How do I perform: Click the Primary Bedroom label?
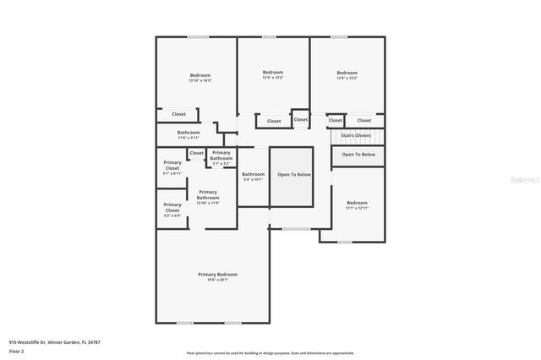pyautogui.click(x=217, y=275)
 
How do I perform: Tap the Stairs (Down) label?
pyautogui.click(x=355, y=135)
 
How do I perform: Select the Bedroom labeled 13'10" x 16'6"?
pyautogui.click(x=199, y=76)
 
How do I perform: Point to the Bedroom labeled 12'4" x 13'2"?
pyautogui.click(x=272, y=72)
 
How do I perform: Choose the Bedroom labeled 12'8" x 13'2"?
pyautogui.click(x=347, y=73)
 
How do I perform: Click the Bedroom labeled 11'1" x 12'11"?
pyautogui.click(x=357, y=203)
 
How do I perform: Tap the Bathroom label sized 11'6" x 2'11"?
pyautogui.click(x=189, y=133)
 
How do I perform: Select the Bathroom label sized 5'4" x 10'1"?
pyautogui.click(x=253, y=174)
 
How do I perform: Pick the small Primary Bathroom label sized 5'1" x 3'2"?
pyautogui.click(x=221, y=155)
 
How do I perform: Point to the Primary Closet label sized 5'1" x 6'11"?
pyautogui.click(x=172, y=165)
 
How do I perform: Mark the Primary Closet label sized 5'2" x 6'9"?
pyautogui.click(x=172, y=207)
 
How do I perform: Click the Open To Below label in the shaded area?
pyautogui.click(x=294, y=174)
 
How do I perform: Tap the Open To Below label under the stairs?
pyautogui.click(x=358, y=155)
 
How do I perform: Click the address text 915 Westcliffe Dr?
pyautogui.click(x=48, y=341)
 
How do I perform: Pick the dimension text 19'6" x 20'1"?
pyautogui.click(x=217, y=280)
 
